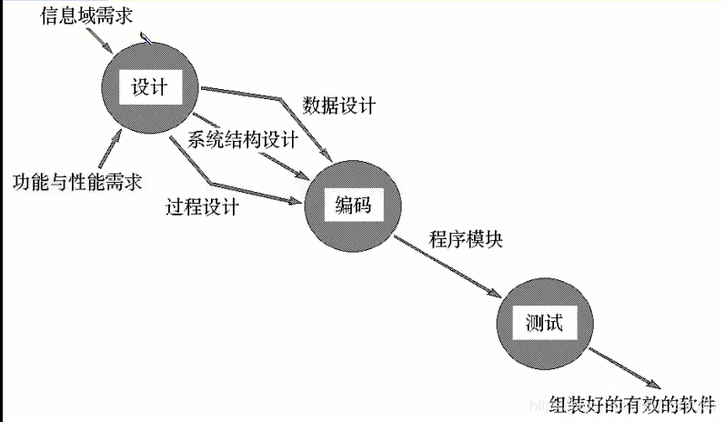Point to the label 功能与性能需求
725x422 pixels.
[77, 180]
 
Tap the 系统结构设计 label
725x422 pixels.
[243, 139]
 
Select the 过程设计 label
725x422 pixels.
[203, 206]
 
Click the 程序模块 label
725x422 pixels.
[466, 241]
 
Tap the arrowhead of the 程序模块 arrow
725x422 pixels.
[497, 295]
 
